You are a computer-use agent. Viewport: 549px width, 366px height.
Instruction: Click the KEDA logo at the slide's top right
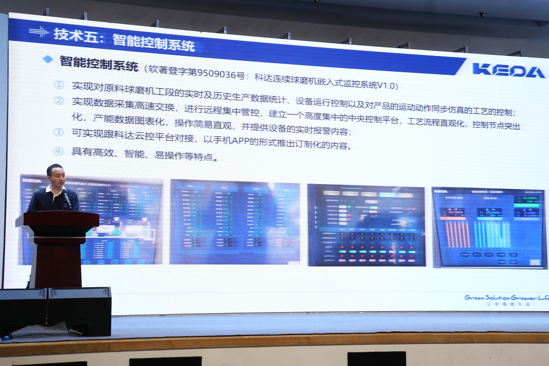click(508, 70)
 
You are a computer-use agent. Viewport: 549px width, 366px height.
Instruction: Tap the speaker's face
click(55, 176)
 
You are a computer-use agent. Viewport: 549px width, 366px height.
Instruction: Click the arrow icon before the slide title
click(38, 32)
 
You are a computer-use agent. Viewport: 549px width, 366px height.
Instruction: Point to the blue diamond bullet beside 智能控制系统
click(47, 59)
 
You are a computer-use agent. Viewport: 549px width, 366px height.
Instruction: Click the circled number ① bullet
click(59, 85)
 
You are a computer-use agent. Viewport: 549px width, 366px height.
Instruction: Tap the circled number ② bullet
click(59, 101)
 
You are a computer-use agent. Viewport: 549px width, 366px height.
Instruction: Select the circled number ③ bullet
click(59, 133)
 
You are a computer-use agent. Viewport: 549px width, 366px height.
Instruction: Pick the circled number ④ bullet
click(59, 151)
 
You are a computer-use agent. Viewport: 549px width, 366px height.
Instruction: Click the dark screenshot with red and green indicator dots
click(366, 225)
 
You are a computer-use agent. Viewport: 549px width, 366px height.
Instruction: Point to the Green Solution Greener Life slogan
click(506, 298)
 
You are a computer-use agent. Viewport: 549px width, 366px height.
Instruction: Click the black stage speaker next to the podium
click(79, 311)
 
